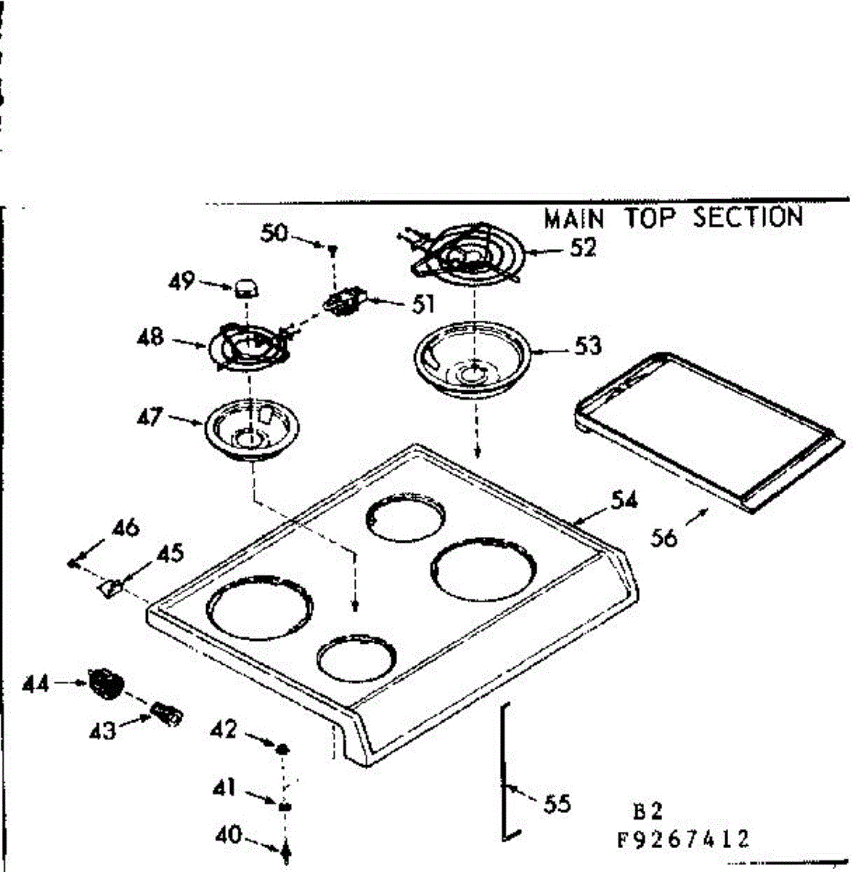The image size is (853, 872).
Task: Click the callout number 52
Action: click(x=583, y=248)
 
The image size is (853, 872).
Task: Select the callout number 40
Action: click(x=228, y=835)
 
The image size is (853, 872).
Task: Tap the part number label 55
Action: click(x=557, y=804)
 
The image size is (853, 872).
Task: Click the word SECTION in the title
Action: click(x=748, y=217)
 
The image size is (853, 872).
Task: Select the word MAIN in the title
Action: click(x=574, y=218)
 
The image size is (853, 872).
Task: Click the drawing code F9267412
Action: click(x=682, y=840)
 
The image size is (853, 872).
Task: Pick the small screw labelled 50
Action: click(x=332, y=250)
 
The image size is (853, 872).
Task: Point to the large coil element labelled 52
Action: click(x=465, y=252)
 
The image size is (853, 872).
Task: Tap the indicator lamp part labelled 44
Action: click(x=105, y=684)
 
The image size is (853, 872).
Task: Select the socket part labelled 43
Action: click(x=166, y=714)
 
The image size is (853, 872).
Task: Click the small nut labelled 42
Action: click(x=283, y=748)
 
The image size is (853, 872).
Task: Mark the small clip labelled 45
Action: click(x=110, y=586)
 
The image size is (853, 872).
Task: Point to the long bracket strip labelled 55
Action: click(x=503, y=770)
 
